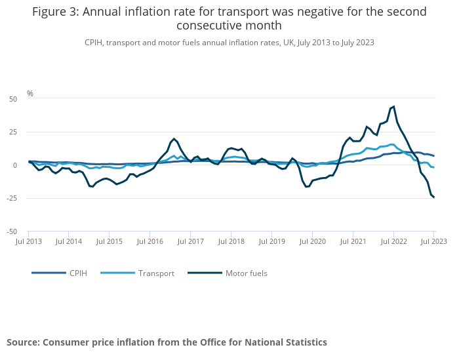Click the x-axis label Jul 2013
click(x=29, y=242)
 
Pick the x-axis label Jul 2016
click(x=150, y=242)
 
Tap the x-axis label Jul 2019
click(x=271, y=242)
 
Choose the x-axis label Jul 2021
click(x=353, y=242)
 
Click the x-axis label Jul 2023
click(x=433, y=242)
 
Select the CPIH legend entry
click(x=77, y=273)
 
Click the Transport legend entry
click(x=156, y=273)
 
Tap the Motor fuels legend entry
click(x=246, y=273)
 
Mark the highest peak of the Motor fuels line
click(x=393, y=106)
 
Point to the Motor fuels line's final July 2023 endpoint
click(x=433, y=197)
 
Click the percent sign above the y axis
click(x=30, y=94)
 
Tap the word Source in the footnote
click(x=23, y=342)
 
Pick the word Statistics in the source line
click(x=302, y=342)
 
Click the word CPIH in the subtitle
click(x=95, y=42)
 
